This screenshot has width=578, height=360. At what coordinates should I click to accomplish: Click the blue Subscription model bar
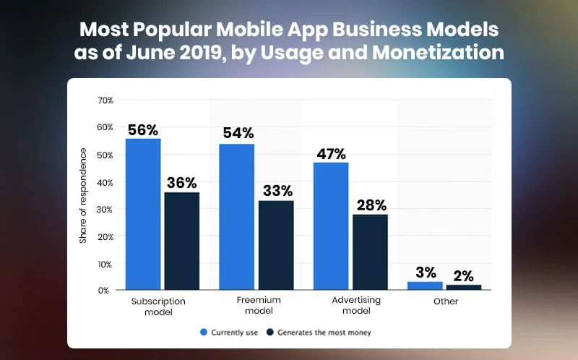(x=143, y=214)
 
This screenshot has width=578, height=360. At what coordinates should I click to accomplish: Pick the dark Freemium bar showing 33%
(x=275, y=245)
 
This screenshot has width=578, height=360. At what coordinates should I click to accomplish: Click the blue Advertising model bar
(x=331, y=226)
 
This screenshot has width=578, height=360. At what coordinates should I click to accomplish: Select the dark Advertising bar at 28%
(x=369, y=252)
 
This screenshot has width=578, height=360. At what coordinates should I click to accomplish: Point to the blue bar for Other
(x=425, y=286)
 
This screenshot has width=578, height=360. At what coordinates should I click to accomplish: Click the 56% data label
(x=143, y=130)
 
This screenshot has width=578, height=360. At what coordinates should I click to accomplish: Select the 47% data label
(x=331, y=154)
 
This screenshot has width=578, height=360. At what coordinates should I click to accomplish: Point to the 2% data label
(x=464, y=275)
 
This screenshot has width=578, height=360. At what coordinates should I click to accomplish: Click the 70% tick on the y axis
(x=105, y=100)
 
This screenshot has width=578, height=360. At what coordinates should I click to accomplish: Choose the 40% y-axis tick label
(x=105, y=182)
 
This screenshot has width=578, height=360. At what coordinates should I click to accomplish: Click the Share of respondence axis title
(x=83, y=195)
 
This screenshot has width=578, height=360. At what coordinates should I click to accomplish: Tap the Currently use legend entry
(x=230, y=333)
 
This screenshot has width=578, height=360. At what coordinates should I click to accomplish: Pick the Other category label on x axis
(x=446, y=301)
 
